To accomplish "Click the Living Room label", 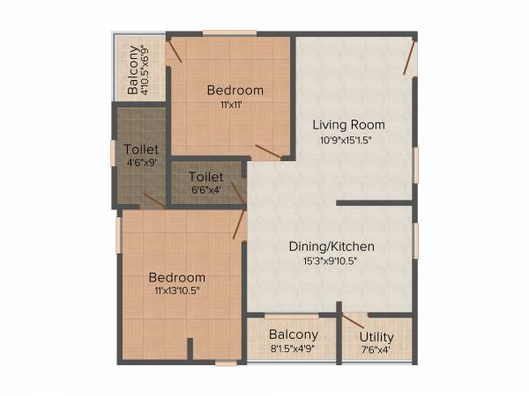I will (354, 124).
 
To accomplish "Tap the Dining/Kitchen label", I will (332, 246).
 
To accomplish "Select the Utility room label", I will (376, 337).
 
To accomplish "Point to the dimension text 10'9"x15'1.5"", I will (354, 139).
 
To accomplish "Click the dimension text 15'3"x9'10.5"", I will (332, 260).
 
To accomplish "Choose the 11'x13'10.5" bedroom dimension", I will (177, 292).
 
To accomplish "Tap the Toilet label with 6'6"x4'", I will (205, 177).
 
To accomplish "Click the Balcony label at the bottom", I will (294, 334).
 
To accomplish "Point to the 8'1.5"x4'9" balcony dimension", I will (294, 348).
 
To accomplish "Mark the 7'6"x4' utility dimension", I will (376, 350).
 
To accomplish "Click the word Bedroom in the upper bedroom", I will (235, 90).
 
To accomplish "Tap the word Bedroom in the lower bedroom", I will (177, 277).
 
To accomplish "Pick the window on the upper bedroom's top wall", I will (229, 33).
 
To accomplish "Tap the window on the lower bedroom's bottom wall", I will (226, 363).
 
